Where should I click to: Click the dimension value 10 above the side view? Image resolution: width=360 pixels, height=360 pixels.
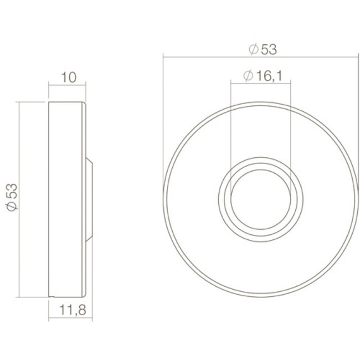coord(68,78)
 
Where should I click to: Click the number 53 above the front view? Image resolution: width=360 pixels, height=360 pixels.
coord(268,50)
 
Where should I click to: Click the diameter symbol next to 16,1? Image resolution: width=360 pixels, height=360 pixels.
coord(248,76)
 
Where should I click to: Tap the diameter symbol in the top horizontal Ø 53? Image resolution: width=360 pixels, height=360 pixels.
coord(253,50)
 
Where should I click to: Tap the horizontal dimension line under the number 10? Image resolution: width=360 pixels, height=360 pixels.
coord(68,85)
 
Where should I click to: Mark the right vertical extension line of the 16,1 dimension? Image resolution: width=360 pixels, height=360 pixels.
coord(290,127)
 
